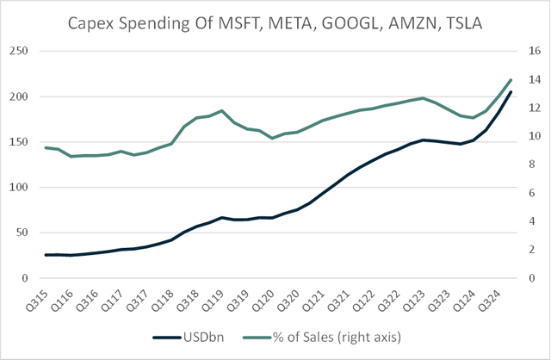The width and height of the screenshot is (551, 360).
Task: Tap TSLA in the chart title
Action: coord(459,23)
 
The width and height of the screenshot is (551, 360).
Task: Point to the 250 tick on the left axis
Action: coord(18,51)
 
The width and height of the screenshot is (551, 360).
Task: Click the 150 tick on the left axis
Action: coord(18,142)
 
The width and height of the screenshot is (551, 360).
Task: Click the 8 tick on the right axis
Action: coord(531,164)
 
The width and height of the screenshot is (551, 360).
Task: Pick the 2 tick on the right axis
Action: coord(531,250)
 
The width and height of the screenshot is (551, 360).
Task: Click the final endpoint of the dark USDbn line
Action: coord(511,92)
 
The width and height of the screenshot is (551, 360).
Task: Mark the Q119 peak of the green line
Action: coord(222,110)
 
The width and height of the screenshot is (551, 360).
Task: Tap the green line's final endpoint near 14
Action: coord(511,80)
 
